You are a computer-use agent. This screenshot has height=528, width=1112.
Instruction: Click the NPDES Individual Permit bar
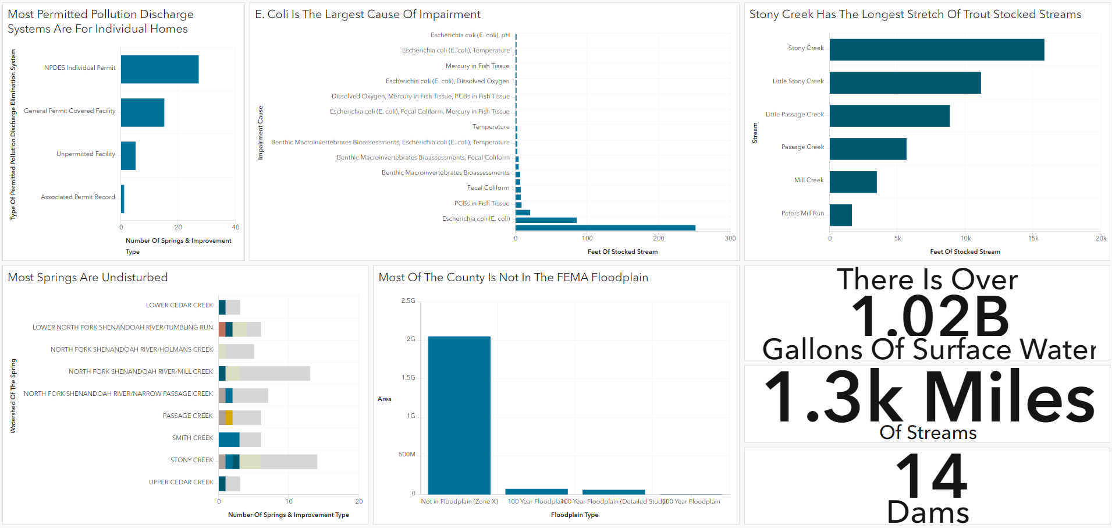click(159, 69)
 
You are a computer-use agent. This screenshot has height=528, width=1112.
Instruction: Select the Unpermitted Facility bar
click(128, 155)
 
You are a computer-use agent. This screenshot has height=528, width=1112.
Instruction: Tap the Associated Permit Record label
click(78, 197)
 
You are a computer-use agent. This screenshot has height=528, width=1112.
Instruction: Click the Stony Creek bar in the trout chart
click(936, 49)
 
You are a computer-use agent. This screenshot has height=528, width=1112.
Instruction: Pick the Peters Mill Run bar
click(840, 215)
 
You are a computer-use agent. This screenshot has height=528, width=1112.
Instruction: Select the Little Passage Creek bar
click(889, 116)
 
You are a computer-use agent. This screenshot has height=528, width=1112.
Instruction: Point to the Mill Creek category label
click(809, 180)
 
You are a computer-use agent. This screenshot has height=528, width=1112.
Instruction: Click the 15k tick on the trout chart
click(1033, 238)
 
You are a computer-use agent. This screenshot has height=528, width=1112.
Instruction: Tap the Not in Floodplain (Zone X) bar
click(459, 415)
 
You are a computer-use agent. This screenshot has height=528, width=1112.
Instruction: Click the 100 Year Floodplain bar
click(536, 491)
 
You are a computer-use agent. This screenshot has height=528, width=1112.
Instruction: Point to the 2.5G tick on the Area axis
click(408, 301)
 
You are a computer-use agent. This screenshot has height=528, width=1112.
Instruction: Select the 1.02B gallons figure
click(930, 317)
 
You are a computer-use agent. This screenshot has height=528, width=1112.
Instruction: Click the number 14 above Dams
click(931, 476)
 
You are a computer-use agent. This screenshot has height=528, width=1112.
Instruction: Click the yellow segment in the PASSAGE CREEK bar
click(229, 417)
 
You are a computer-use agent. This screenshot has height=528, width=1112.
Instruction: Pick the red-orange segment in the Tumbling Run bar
click(222, 329)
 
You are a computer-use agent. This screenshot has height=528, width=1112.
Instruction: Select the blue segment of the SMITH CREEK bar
click(229, 440)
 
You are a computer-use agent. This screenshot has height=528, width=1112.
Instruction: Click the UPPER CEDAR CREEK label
click(181, 483)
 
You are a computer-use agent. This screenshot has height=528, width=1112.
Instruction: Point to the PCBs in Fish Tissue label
click(482, 204)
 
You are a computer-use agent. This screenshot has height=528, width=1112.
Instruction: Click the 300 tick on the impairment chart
click(730, 238)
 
